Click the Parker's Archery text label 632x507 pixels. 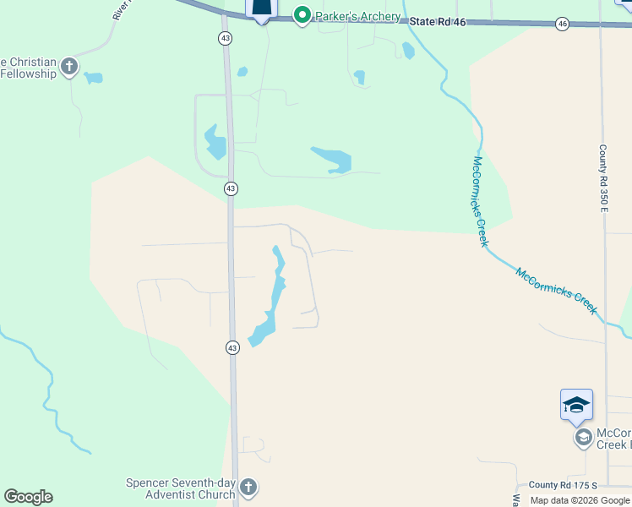coord(357,17)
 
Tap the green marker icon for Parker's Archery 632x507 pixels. coord(302,15)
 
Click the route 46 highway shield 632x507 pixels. coord(563,25)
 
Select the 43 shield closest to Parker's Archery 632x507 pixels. coord(224,38)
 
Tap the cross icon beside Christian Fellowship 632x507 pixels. coord(69,67)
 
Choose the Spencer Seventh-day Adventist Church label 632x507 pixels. coord(180,488)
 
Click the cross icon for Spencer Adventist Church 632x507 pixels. coord(248,487)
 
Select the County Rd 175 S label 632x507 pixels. coord(562,485)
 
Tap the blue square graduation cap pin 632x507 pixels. coord(576,405)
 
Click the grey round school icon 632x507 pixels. coord(583,438)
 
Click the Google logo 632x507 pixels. coord(28,497)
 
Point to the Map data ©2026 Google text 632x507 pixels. coord(580,500)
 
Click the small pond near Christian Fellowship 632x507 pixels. coord(93,79)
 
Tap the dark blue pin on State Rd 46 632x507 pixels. coord(262,8)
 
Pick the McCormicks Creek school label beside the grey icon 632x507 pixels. coord(613,438)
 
